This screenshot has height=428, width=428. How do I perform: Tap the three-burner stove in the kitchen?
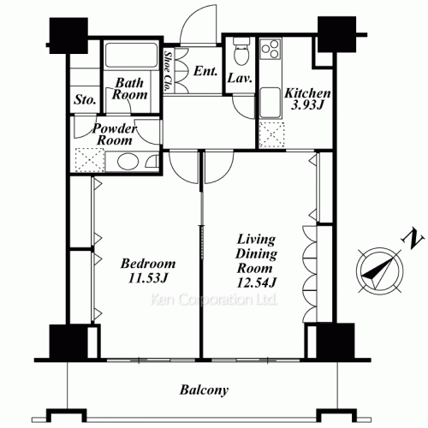270,49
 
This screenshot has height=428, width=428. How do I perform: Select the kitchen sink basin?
270,103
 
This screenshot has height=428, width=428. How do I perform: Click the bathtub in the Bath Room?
131,55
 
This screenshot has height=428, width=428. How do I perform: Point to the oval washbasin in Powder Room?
128,162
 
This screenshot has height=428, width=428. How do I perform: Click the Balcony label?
204,390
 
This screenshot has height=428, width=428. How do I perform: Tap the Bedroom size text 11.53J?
147,278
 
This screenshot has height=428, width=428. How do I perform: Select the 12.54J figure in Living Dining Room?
257,282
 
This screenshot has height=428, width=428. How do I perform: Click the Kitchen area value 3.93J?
307,105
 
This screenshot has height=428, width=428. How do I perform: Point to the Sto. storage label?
85,100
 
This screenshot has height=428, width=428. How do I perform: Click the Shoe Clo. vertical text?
169,71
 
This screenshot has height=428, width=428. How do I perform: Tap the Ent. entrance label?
205,71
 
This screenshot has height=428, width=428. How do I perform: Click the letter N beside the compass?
412,239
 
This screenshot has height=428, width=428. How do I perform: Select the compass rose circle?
380,270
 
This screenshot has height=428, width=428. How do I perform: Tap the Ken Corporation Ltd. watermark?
214,300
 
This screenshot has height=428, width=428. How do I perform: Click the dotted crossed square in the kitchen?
271,134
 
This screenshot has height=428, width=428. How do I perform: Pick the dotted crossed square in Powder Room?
89,160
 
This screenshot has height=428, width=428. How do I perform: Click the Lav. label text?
240,78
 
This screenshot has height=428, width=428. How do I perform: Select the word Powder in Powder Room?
115,128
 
